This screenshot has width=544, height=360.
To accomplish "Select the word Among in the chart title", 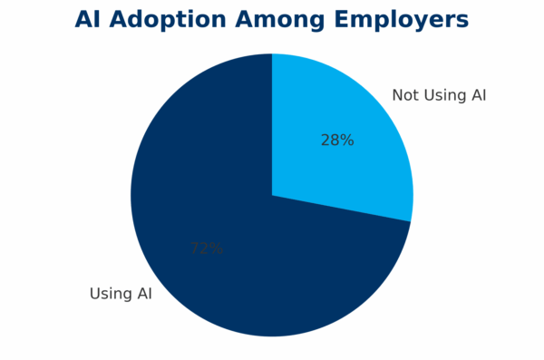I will pos(286,19).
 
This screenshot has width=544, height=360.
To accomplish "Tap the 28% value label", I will pos(337,141).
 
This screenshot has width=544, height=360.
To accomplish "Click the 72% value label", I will pos(207,248).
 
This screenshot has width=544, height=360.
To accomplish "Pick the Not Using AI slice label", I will pos(439,95).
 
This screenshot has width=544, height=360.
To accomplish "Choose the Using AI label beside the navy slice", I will pos(121,294).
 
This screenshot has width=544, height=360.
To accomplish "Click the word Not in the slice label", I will pos(405,95).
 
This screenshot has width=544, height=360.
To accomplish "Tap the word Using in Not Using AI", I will pos(444,95).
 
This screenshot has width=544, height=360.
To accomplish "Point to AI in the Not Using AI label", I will pos(478,95).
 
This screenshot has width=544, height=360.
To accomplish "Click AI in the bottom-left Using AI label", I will pos(143,294).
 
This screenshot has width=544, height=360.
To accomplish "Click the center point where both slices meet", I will pos(272,195).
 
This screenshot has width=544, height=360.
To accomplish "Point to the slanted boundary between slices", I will pos(343,209).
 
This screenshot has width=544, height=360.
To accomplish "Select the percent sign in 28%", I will pos(346,141).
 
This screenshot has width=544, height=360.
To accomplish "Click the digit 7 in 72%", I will pos(195,248).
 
